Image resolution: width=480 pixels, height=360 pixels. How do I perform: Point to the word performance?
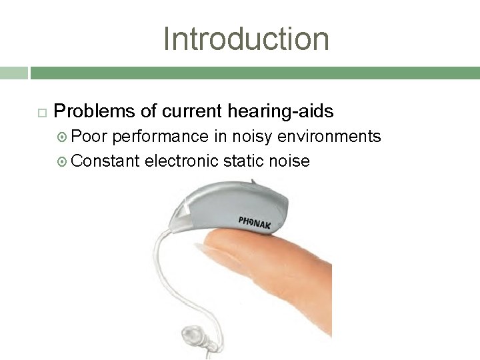(x=160, y=137)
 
